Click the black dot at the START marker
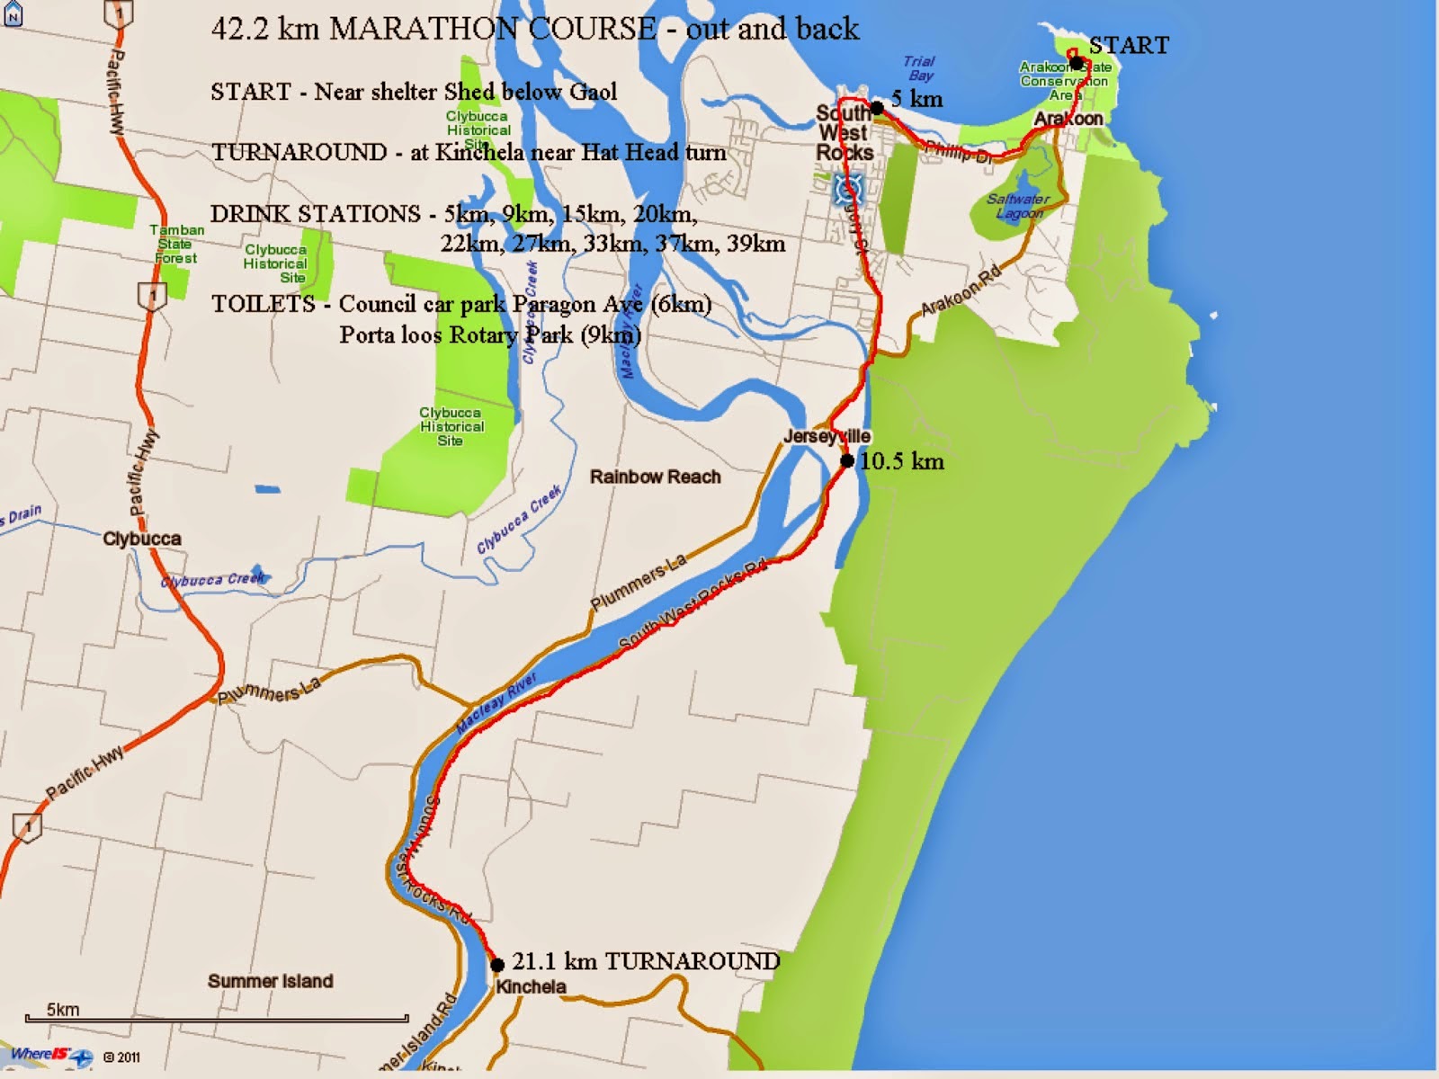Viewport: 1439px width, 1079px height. [x=1077, y=63]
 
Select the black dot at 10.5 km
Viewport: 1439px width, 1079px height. [x=847, y=461]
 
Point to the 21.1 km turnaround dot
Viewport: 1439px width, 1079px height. [x=497, y=965]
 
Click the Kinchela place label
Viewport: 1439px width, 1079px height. [x=531, y=986]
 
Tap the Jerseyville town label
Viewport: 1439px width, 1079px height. [x=827, y=437]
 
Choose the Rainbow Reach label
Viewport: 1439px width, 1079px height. [x=655, y=477]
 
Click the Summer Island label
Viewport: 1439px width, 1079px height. [x=270, y=981]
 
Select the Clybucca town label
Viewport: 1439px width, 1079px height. [x=142, y=539]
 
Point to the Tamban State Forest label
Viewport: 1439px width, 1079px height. [x=176, y=244]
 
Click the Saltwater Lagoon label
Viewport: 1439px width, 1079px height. [x=1018, y=206]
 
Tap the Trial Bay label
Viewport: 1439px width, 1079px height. [x=919, y=68]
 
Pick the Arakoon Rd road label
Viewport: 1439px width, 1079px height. [x=961, y=291]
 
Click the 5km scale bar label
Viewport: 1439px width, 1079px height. [x=63, y=1010]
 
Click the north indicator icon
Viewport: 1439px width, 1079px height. [x=13, y=15]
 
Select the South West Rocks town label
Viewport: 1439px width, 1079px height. [x=845, y=133]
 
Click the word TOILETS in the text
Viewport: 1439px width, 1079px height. [x=264, y=304]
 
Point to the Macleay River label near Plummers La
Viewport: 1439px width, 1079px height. [x=496, y=703]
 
